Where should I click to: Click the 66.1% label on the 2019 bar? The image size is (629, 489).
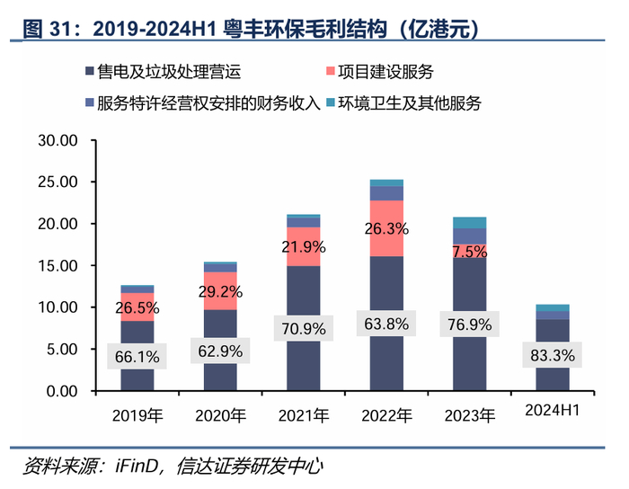point(137,357)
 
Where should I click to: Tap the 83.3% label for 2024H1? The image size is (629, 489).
point(552,355)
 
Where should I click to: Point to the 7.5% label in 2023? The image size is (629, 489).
point(470,252)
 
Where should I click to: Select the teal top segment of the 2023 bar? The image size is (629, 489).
point(469,222)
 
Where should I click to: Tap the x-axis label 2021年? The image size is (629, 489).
point(303,415)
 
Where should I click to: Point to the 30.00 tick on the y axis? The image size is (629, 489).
point(58,141)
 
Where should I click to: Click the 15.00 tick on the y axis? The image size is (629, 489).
point(58,266)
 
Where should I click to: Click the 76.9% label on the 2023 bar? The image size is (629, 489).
point(469,325)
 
